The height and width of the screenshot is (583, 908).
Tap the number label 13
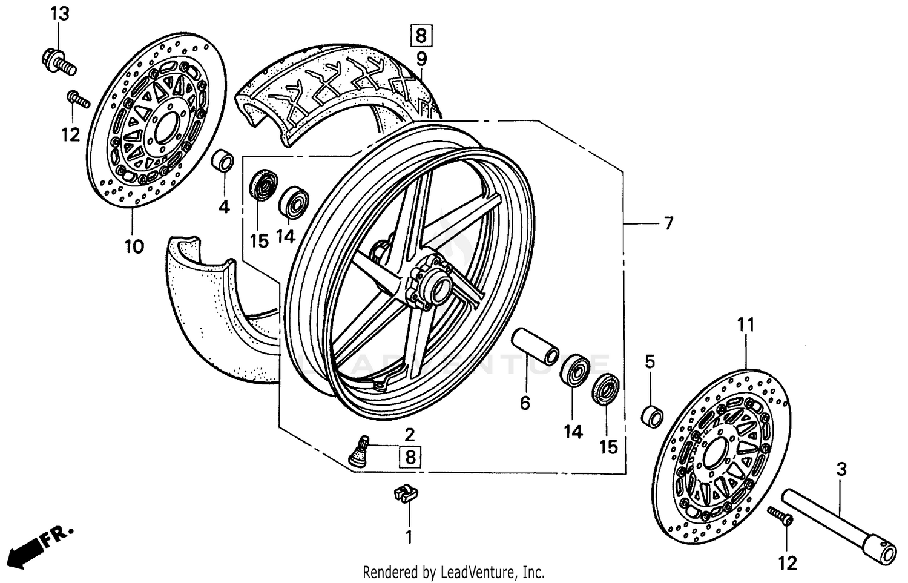(59, 14)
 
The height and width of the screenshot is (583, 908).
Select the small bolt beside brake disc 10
(78, 99)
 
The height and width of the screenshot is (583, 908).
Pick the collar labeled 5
(652, 417)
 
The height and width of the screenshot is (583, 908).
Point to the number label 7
(668, 223)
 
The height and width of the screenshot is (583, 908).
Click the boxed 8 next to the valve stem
(410, 456)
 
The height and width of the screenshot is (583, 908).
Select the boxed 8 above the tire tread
(421, 35)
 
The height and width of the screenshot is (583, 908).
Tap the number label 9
(421, 59)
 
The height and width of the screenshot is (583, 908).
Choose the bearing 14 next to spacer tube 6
(574, 371)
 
